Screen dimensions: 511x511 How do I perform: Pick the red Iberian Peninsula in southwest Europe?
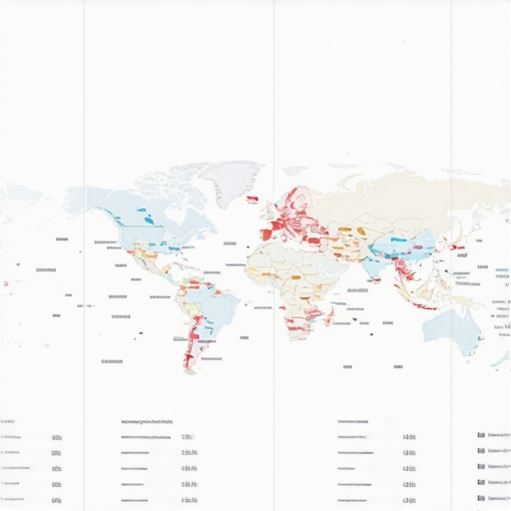[267, 236]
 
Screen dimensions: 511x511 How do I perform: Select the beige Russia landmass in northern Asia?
[399, 195]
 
